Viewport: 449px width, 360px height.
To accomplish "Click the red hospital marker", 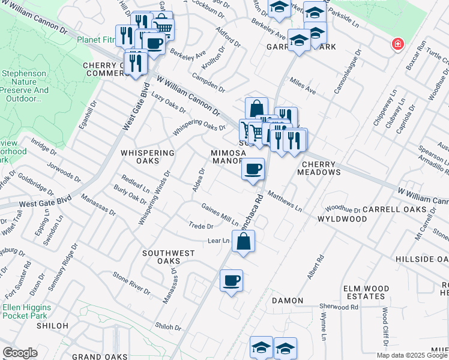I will click(x=397, y=44).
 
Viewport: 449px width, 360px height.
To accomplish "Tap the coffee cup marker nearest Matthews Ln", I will click(x=253, y=169).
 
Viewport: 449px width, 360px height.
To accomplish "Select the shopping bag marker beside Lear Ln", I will click(x=243, y=242).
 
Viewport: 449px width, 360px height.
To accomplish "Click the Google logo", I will click(x=20, y=353).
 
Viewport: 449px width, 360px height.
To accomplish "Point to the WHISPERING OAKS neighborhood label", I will click(x=148, y=157).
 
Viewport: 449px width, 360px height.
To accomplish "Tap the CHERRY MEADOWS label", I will click(x=321, y=168).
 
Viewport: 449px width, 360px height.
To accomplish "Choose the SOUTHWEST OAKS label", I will click(x=170, y=257).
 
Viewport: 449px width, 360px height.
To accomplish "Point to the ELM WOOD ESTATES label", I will click(x=364, y=292).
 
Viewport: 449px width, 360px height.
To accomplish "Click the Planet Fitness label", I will click(x=98, y=40).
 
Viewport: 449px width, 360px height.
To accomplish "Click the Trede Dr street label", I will click(x=201, y=227).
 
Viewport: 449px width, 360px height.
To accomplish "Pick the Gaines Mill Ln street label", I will click(x=220, y=215).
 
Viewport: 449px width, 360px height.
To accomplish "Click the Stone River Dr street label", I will click(x=131, y=283).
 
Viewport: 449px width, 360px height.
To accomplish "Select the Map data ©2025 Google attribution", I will click(x=412, y=355).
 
